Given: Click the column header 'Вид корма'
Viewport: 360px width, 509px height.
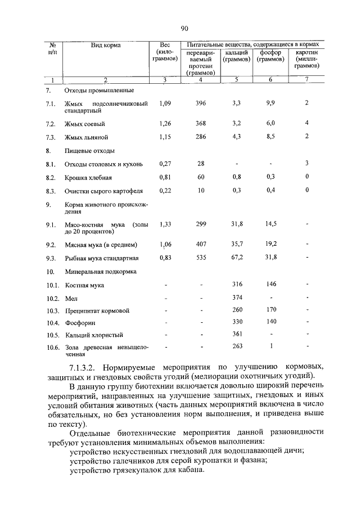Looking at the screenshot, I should click(x=106, y=45).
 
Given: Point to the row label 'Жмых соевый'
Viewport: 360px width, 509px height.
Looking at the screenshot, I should click(x=85, y=123).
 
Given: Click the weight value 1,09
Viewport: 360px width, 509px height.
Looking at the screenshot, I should click(x=165, y=103).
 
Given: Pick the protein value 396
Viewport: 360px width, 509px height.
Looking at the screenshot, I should click(x=201, y=103).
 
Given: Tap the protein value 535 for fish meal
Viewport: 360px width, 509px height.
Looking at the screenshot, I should click(x=201, y=258).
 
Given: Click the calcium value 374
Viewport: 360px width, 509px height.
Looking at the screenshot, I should click(x=237, y=298).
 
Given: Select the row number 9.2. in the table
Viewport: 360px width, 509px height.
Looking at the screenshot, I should click(x=52, y=245).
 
